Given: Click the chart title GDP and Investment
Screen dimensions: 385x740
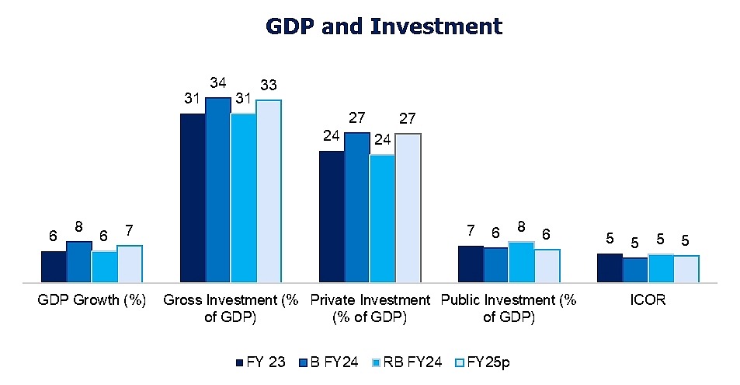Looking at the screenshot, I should pyautogui.click(x=384, y=26).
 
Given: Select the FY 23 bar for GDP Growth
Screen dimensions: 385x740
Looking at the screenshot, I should pyautogui.click(x=54, y=266).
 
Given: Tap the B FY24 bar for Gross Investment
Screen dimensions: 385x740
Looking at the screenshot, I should pyautogui.click(x=217, y=190).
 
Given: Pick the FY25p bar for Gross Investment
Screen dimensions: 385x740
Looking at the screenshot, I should pyautogui.click(x=269, y=191).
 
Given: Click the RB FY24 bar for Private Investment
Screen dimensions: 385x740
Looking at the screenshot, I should pyautogui.click(x=382, y=219).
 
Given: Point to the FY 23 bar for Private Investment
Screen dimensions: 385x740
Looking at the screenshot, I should pyautogui.click(x=332, y=216).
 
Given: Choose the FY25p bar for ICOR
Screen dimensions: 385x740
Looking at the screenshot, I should pyautogui.click(x=686, y=268).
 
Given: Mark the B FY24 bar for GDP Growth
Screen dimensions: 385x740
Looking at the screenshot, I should pyautogui.click(x=78, y=261).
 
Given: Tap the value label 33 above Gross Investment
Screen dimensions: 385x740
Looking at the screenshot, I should pyautogui.click(x=269, y=85).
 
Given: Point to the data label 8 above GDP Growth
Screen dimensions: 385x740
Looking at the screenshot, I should pyautogui.click(x=79, y=228).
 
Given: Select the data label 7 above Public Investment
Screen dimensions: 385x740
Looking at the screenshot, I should pyautogui.click(x=471, y=232).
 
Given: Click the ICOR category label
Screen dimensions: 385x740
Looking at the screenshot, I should pyautogui.click(x=649, y=300).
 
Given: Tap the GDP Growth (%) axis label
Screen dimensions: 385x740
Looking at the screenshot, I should pyautogui.click(x=92, y=300).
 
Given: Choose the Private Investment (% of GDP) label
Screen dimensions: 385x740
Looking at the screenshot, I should pyautogui.click(x=370, y=308).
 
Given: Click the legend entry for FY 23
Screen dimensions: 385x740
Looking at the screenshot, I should pyautogui.click(x=261, y=362).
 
